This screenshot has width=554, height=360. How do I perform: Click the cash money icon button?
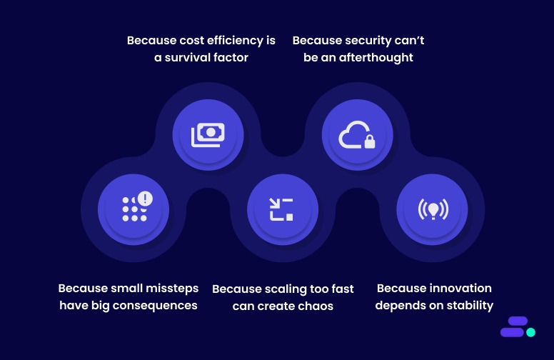pos(208,134)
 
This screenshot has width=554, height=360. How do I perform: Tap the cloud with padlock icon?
pos(357,134)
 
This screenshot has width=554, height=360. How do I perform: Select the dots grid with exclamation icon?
pos(134,209)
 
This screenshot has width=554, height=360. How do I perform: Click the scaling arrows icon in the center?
pos(282,209)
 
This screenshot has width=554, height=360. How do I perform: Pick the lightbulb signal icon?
pos(432,209)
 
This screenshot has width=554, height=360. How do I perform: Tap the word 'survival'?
pos(189,57)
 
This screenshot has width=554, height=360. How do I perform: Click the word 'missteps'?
pos(173,289)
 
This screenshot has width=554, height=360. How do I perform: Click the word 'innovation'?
pos(460,289)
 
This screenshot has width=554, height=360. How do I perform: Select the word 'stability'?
pos(466,306)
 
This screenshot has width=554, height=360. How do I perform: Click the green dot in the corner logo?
pos(530,332)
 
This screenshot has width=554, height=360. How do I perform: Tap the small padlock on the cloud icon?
pos(369,142)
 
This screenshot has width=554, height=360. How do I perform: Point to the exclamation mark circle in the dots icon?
pos(145,198)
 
